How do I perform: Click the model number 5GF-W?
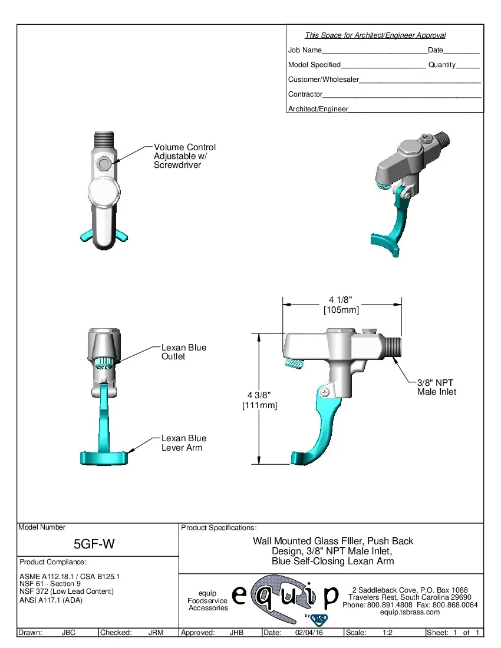pyautogui.click(x=94, y=544)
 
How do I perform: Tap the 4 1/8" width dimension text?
pyautogui.click(x=341, y=305)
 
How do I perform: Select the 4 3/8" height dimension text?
pyautogui.click(x=259, y=400)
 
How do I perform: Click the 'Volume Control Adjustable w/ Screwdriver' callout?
pyautogui.click(x=184, y=156)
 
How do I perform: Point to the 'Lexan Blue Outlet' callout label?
pyautogui.click(x=184, y=352)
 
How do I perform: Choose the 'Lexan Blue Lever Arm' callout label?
pyautogui.click(x=184, y=443)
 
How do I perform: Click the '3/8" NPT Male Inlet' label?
pyautogui.click(x=436, y=387)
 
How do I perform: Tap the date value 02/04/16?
pyautogui.click(x=309, y=633)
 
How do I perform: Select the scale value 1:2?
pyautogui.click(x=388, y=633)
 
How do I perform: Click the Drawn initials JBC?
pyautogui.click(x=70, y=633)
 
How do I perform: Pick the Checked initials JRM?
pyautogui.click(x=156, y=633)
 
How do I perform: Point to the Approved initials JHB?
pyautogui.click(x=236, y=633)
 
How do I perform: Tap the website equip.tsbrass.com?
pyautogui.click(x=410, y=612)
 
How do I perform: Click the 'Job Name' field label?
pyautogui.click(x=305, y=50)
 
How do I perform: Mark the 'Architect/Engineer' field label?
pyautogui.click(x=318, y=109)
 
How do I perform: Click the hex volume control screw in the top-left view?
pyautogui.click(x=104, y=163)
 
